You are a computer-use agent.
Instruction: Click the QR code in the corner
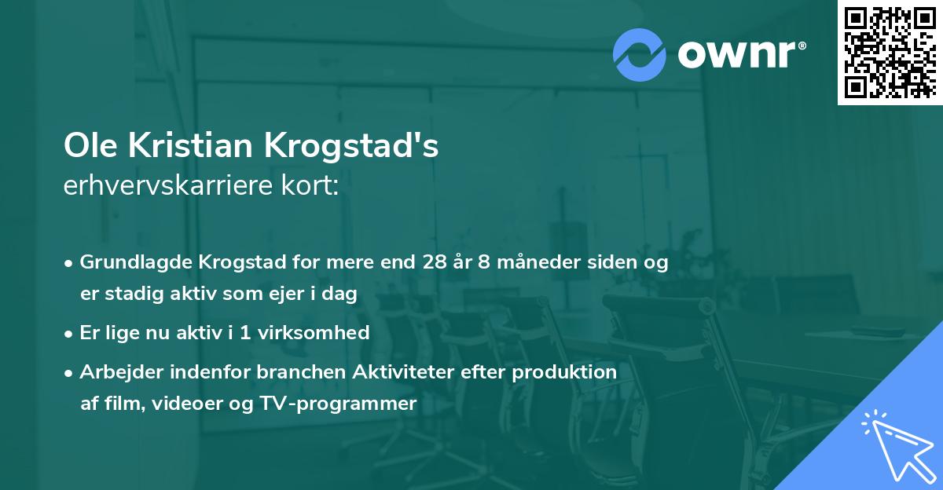pos(890,52)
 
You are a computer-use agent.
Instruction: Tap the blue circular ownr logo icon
pos(640,54)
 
